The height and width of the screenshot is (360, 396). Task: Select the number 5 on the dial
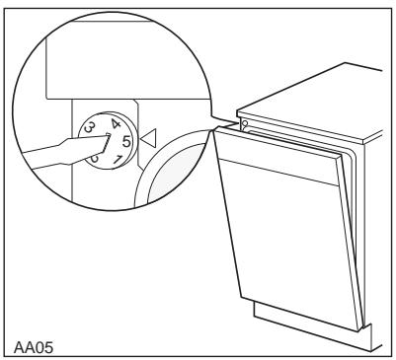126,142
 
